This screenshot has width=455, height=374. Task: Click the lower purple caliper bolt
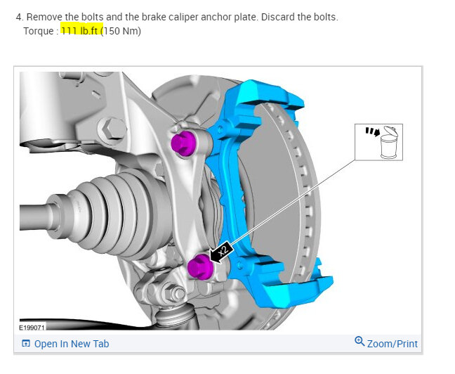199,267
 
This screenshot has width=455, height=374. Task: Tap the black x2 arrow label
223,252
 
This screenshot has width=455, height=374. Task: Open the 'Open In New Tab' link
71,344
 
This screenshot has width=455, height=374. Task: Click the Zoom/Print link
392,344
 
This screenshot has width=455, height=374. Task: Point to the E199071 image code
31,328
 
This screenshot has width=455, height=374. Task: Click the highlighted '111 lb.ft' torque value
81,30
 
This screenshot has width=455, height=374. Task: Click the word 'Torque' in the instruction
38,30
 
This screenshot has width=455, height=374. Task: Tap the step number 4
18,16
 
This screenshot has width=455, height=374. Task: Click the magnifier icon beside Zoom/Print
360,342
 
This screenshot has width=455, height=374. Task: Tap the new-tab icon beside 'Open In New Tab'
26,344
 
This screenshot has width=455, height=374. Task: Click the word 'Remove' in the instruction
44,16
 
